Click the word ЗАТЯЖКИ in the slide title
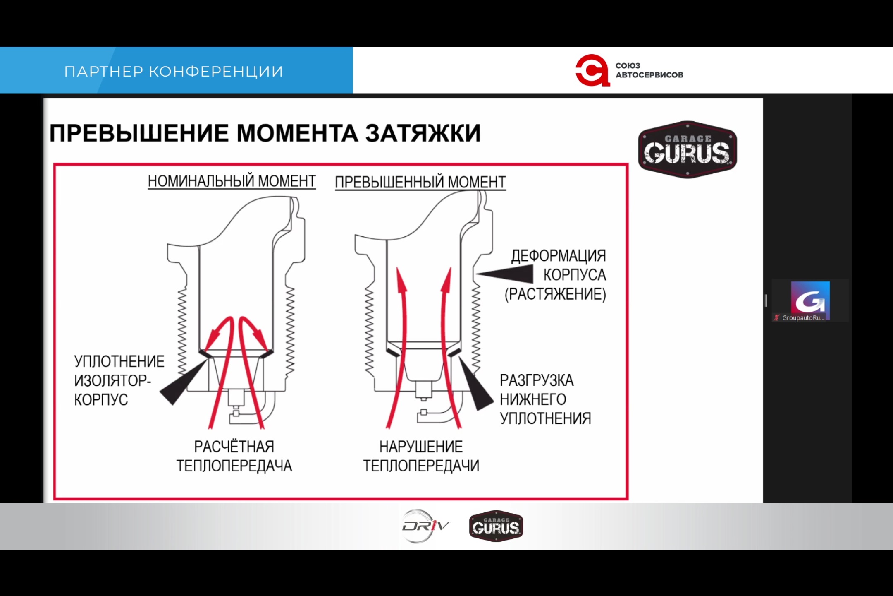(x=423, y=133)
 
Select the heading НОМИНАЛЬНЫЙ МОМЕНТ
(x=232, y=181)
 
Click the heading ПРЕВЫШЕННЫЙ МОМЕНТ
(x=420, y=182)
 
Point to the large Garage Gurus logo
(x=687, y=150)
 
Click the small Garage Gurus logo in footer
(x=496, y=526)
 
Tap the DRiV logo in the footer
(x=425, y=526)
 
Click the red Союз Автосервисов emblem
(x=592, y=70)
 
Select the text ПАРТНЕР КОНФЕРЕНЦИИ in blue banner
(x=174, y=72)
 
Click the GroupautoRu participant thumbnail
(x=809, y=301)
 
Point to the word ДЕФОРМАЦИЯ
(x=559, y=256)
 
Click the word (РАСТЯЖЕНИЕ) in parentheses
(x=555, y=294)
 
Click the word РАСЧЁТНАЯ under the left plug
(x=234, y=447)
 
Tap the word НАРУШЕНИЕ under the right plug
(x=421, y=447)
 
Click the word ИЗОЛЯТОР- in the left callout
(x=112, y=380)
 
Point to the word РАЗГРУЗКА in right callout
(x=537, y=380)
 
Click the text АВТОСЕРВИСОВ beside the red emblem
(x=649, y=75)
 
